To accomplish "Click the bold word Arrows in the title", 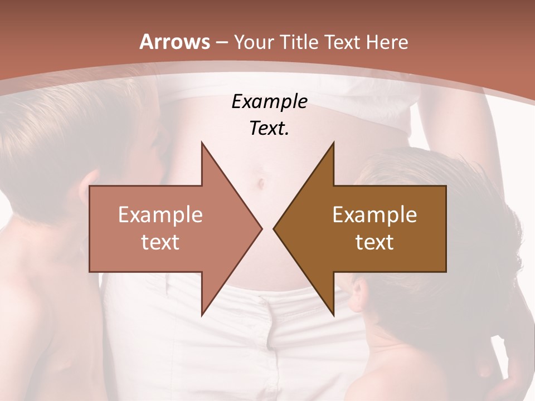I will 174,42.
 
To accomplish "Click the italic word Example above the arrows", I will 269,101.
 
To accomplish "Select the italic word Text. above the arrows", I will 269,128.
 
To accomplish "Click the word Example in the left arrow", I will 160,215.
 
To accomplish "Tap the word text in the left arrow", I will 160,242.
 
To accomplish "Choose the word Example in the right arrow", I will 374,215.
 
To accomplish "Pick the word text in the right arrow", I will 374,242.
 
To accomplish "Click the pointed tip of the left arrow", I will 262,229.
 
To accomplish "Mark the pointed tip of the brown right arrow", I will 274,229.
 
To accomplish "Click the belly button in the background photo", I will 260,183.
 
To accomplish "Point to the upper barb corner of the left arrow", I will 202,143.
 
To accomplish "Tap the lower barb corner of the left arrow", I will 202,315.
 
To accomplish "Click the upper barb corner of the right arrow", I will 333,143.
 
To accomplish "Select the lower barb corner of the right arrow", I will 333,315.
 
